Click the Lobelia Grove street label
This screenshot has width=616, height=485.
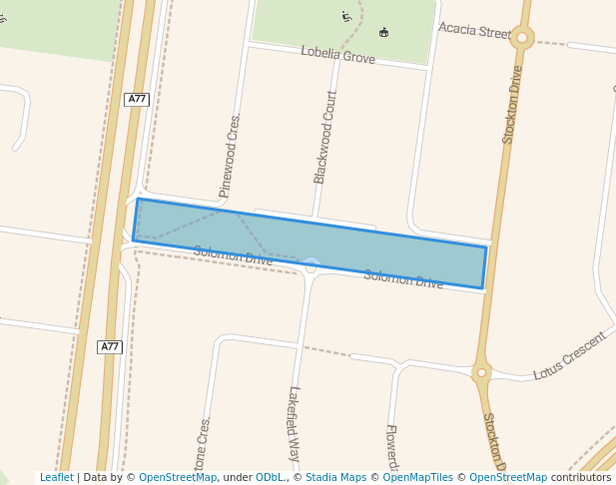coord(337,55)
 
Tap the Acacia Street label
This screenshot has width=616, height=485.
coord(474,32)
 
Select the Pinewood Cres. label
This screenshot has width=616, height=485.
coord(231,156)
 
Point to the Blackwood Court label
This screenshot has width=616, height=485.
coord(325,137)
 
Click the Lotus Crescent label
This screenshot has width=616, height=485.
coord(569,356)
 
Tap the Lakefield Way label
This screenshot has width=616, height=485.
coord(295,422)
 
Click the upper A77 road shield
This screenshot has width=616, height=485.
coord(137,99)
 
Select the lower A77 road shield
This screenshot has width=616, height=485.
coord(110,346)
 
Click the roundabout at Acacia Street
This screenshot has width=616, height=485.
coord(521,38)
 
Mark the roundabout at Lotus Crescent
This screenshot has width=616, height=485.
coord(481,372)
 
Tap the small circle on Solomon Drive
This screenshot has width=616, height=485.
coord(310,265)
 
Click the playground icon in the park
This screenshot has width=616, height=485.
coord(346,16)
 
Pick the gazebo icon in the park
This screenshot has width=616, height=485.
coord(383,33)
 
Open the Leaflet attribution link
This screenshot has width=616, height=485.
coord(56,478)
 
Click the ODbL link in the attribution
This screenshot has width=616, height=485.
coord(270,478)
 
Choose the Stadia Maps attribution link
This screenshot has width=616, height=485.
coord(335,478)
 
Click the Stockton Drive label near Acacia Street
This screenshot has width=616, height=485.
coord(512,105)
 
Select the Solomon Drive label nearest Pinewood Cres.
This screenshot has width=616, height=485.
coord(233,256)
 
